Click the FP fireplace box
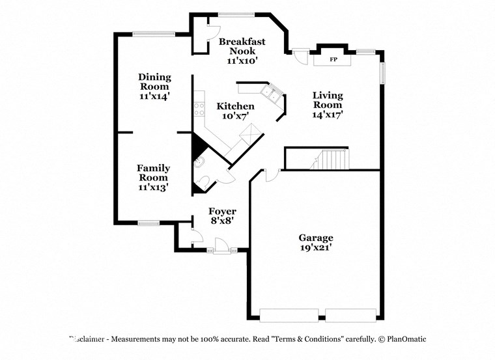[333, 60]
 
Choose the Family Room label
[154, 173]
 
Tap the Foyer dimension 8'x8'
[221, 221]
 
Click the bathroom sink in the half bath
[199, 161]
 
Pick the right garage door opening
[351, 315]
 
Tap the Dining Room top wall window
[154, 34]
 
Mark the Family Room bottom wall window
[148, 223]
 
